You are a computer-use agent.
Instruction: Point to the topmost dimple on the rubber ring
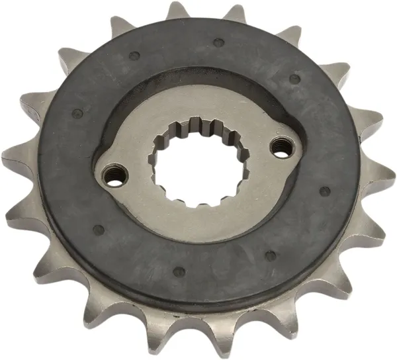[219, 43]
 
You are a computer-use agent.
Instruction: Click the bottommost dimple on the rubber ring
[179, 271]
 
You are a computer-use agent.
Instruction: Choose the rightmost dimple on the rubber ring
[325, 191]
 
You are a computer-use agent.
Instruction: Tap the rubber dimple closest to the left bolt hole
[99, 230]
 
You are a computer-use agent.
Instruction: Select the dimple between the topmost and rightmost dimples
[294, 78]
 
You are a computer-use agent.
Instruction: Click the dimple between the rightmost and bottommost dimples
[269, 253]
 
